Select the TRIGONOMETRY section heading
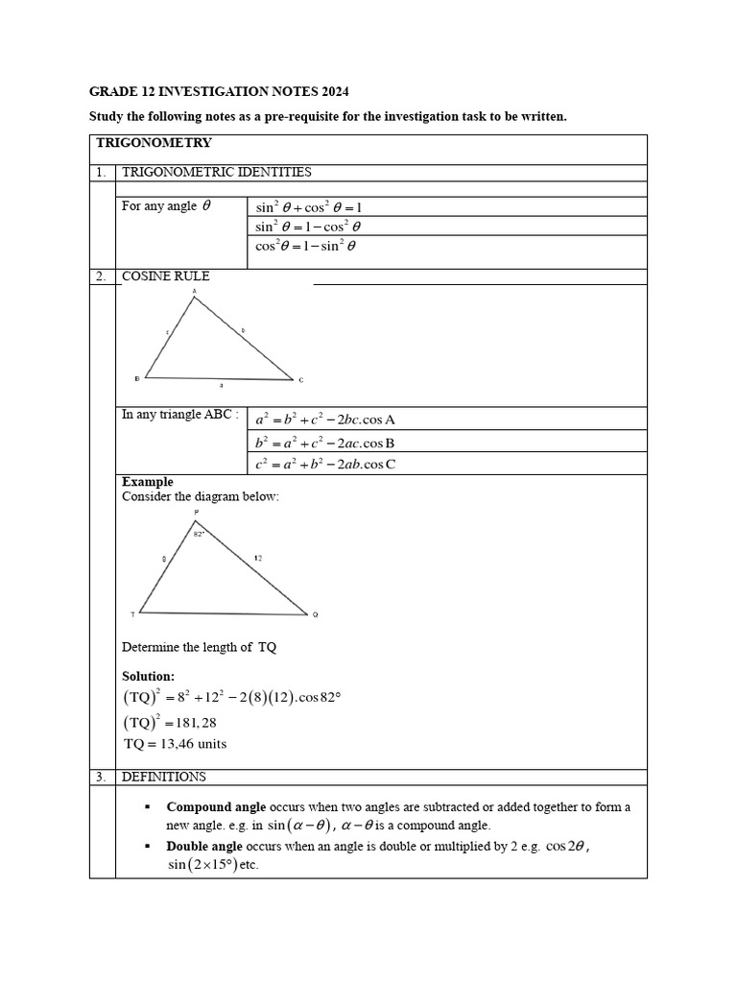(x=154, y=143)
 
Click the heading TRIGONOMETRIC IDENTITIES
(x=216, y=172)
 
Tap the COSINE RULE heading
(x=165, y=276)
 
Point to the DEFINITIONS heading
(x=163, y=777)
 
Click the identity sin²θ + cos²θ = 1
(x=308, y=206)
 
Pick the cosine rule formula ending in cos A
(x=325, y=420)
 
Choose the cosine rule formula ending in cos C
(x=325, y=464)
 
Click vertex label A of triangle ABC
(x=195, y=290)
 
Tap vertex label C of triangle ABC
(x=300, y=380)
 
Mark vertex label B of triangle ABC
(x=136, y=379)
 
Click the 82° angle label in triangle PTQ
(x=199, y=534)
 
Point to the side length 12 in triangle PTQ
(x=258, y=557)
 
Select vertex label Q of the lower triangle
(x=315, y=614)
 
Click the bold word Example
(x=148, y=482)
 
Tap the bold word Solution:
(x=149, y=677)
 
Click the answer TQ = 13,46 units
(x=175, y=744)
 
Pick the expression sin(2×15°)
(x=202, y=865)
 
